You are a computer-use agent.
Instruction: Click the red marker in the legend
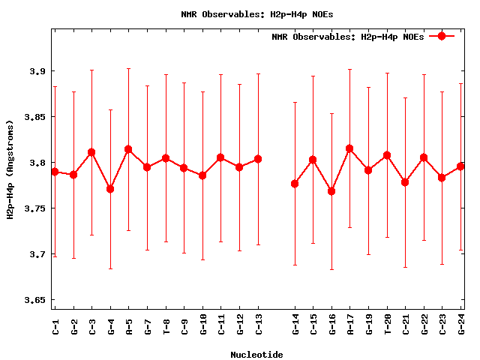click(x=442, y=36)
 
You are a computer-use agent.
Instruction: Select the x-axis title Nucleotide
click(x=256, y=355)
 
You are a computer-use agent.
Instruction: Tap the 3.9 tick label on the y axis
click(x=34, y=71)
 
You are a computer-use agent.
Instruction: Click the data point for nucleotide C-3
click(x=92, y=152)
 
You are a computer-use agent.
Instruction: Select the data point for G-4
click(x=110, y=189)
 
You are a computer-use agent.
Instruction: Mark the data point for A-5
click(x=129, y=149)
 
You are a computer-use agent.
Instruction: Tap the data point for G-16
click(x=332, y=191)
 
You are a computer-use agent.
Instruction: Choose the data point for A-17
click(x=350, y=148)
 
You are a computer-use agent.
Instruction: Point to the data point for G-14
click(x=295, y=184)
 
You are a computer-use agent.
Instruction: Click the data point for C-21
click(x=406, y=182)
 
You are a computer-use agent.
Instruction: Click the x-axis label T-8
click(x=166, y=325)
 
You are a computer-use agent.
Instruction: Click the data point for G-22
click(x=424, y=157)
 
